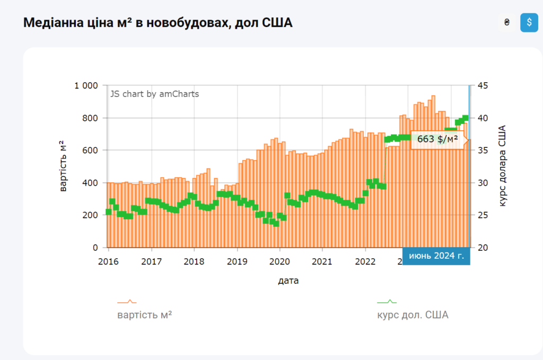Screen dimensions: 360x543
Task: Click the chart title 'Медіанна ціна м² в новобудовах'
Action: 158,23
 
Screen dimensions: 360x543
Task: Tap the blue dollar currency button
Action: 529,23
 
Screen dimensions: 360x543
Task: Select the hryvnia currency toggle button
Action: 506,23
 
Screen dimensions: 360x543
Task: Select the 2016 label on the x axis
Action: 109,261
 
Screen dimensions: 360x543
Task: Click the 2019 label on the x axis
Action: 237,261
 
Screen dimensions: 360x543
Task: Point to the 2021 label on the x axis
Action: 322,261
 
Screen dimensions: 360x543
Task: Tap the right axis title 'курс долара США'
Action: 502,166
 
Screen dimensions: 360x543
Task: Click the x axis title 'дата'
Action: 288,280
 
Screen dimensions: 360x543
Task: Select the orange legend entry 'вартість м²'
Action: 144,315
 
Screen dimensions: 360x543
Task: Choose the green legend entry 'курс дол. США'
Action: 413,315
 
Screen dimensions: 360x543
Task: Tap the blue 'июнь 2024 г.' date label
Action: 436,256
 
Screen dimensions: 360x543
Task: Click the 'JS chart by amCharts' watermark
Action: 154,94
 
